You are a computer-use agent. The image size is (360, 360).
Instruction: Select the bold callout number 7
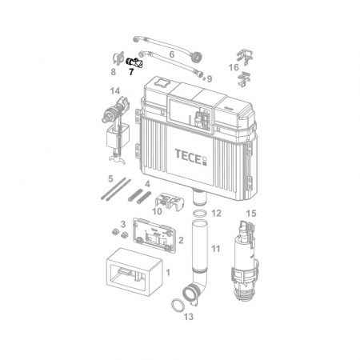(131, 72)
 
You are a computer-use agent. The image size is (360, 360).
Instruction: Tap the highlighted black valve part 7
(134, 62)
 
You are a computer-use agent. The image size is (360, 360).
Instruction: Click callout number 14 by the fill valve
(115, 91)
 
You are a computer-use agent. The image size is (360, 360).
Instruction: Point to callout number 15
(251, 214)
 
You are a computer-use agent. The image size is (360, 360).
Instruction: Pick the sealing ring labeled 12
(200, 214)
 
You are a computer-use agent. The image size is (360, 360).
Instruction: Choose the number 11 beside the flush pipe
(216, 249)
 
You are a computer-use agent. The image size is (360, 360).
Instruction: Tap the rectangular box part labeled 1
(134, 271)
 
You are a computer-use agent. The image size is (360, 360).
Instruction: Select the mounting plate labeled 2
(154, 234)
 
